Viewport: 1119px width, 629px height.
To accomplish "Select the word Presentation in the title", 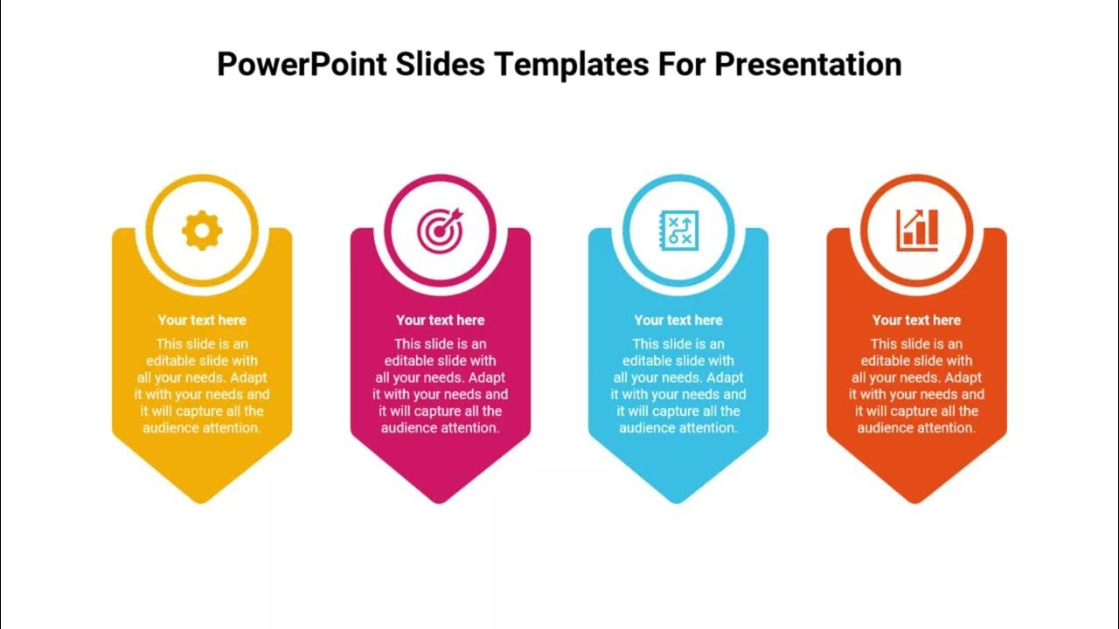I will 808,65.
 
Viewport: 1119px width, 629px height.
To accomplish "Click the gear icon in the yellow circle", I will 202,231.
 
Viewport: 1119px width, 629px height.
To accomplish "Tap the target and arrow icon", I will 440,231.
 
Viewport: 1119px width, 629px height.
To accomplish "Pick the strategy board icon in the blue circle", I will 678,231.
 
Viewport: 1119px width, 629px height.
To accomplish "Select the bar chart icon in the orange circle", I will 916,230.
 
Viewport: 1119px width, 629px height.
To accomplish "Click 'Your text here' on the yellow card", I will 202,321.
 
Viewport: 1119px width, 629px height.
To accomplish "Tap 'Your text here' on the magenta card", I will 440,321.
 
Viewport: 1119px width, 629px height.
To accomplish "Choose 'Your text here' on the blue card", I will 678,321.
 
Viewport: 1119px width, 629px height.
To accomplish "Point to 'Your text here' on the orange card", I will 916,321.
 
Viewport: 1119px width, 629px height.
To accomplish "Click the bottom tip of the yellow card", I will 202,501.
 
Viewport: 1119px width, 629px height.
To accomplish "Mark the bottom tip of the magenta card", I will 440,501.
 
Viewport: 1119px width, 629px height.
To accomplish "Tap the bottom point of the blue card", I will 678,501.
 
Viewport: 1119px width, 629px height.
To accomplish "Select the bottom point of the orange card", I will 916,501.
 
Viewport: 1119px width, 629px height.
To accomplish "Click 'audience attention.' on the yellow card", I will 202,428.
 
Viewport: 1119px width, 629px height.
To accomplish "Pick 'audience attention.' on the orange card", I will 916,428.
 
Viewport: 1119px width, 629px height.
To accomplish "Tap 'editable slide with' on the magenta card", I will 440,361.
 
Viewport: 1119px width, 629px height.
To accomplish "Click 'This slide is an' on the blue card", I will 678,344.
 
